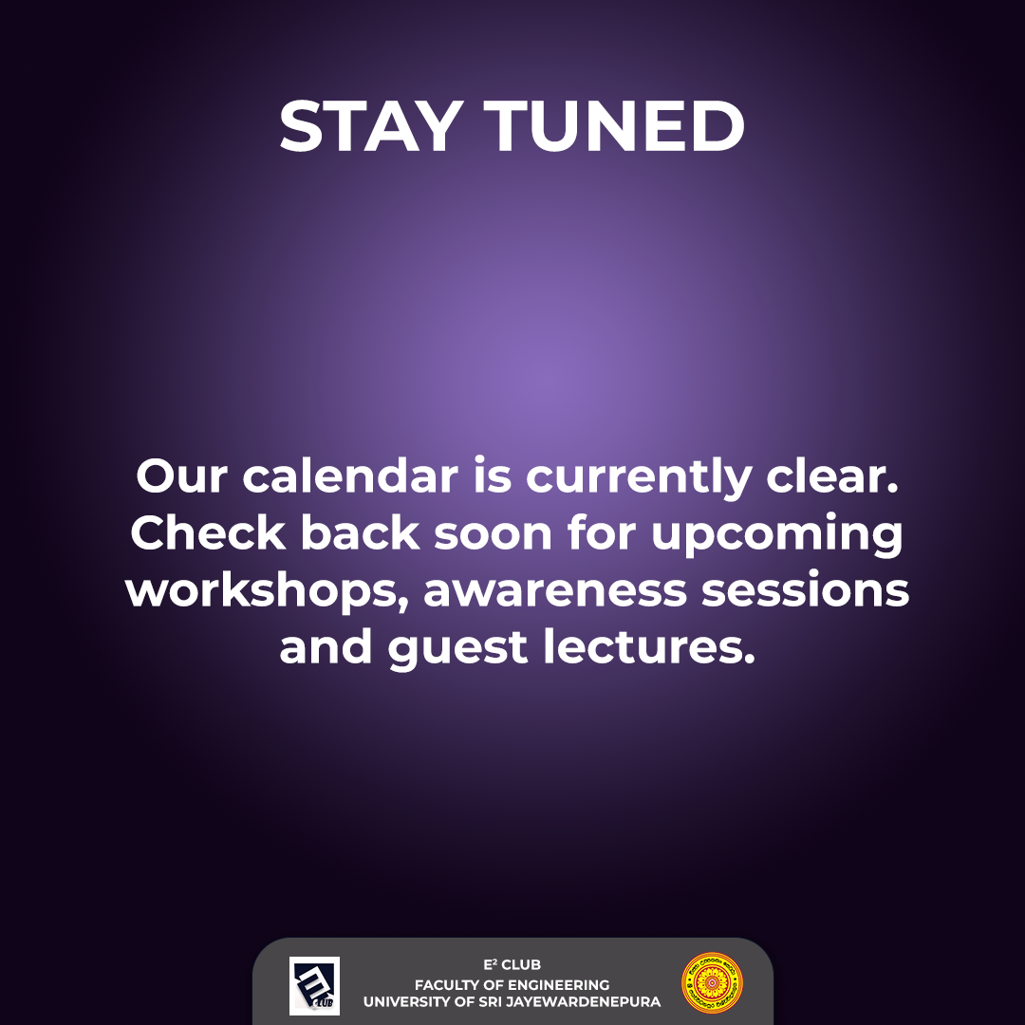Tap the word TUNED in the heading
click(x=615, y=127)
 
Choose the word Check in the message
click(x=208, y=534)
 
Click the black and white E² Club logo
click(x=314, y=985)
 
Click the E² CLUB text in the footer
click(x=512, y=965)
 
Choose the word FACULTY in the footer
click(x=447, y=984)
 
